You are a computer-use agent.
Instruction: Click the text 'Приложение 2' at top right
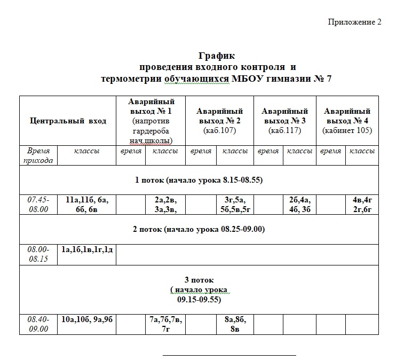pyautogui.click(x=354, y=22)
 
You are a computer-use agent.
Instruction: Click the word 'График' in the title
pyautogui.click(x=217, y=56)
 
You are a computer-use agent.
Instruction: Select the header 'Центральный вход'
pyautogui.click(x=68, y=121)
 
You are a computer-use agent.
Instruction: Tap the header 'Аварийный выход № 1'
pyautogui.click(x=150, y=121)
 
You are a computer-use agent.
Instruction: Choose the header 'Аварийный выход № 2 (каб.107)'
pyautogui.click(x=219, y=121)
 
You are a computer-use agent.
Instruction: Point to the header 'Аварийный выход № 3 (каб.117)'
pyautogui.click(x=284, y=121)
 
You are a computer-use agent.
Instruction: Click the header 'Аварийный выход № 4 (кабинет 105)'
pyautogui.click(x=347, y=121)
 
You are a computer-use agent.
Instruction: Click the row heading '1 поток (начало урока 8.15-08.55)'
pyautogui.click(x=199, y=180)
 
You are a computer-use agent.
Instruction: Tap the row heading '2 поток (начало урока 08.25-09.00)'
pyautogui.click(x=199, y=230)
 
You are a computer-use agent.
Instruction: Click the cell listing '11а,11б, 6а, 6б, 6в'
pyautogui.click(x=86, y=205)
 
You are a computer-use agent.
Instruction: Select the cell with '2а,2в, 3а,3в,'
pyautogui.click(x=165, y=205)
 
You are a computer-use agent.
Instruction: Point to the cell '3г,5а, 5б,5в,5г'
pyautogui.click(x=235, y=205)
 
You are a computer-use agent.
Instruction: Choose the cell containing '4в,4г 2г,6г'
pyautogui.click(x=361, y=205)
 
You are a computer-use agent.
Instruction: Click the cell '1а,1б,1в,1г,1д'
pyautogui.click(x=86, y=249)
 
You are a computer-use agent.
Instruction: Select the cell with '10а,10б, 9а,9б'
pyautogui.click(x=86, y=320)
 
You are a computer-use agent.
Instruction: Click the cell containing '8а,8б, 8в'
pyautogui.click(x=235, y=324)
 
